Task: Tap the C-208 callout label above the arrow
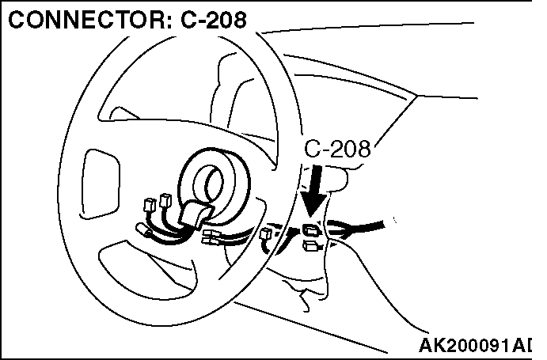pyautogui.click(x=337, y=148)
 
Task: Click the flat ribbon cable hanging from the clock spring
pyautogui.click(x=195, y=214)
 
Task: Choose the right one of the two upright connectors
pyautogui.click(x=166, y=202)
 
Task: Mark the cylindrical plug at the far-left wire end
pyautogui.click(x=146, y=233)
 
